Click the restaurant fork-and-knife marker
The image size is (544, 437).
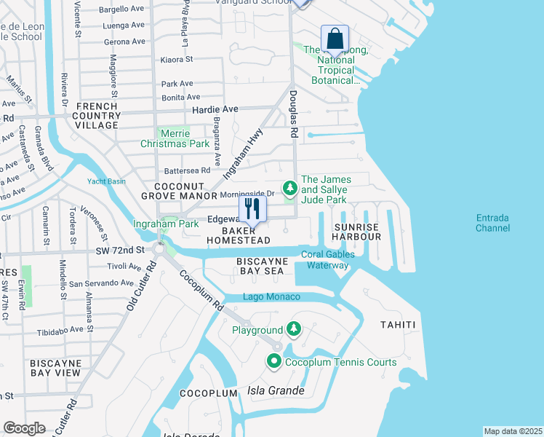pyautogui.click(x=252, y=208)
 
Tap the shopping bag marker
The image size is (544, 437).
pyautogui.click(x=335, y=39)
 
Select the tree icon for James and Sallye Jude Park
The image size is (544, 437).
pyautogui.click(x=290, y=189)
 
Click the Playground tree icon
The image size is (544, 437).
pyautogui.click(x=294, y=330)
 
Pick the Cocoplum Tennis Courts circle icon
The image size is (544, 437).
pyautogui.click(x=274, y=361)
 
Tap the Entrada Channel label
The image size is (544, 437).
pyautogui.click(x=498, y=223)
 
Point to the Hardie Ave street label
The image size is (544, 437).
pyautogui.click(x=215, y=109)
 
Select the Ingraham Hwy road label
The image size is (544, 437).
pyautogui.click(x=242, y=153)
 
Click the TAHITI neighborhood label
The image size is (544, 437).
pyautogui.click(x=398, y=325)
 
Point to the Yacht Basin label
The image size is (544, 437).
pyautogui.click(x=107, y=181)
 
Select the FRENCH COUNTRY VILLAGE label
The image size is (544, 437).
pyautogui.click(x=97, y=116)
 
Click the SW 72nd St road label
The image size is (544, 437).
pyautogui.click(x=119, y=249)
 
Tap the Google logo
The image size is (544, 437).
pyautogui.click(x=25, y=428)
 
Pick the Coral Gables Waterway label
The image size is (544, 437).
pyautogui.click(x=328, y=260)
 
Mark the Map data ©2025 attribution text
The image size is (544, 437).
pyautogui.click(x=513, y=431)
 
